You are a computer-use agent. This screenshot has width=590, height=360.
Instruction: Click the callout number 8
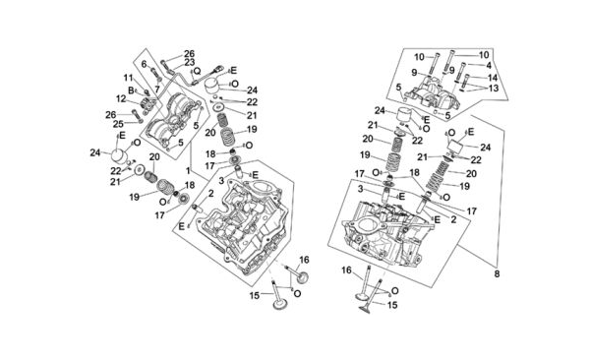497,274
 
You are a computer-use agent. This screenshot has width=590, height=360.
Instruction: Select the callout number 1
188,170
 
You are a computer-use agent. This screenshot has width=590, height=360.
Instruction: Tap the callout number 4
489,66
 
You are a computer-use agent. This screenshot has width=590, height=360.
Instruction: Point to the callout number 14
493,78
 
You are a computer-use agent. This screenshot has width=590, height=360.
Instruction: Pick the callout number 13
494,89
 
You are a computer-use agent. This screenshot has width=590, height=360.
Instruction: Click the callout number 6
144,64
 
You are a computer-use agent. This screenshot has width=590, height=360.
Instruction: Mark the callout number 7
157,90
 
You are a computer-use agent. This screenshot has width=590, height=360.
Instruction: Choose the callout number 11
128,78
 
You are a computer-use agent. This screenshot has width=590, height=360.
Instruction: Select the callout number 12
121,98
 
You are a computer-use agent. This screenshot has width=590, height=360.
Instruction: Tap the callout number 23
189,62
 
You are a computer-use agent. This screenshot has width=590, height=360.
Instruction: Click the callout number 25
119,124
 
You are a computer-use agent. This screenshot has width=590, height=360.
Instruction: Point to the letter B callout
131,90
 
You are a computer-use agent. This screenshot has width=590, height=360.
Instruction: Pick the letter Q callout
198,71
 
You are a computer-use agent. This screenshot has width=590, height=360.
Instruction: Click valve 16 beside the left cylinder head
297,273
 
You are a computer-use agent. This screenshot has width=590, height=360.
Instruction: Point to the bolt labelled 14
465,81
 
